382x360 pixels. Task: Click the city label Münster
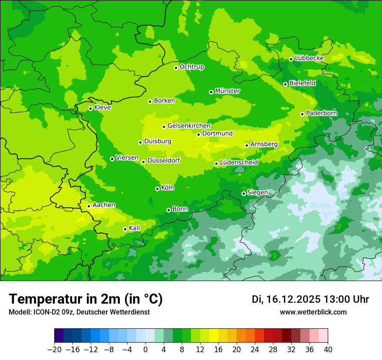(227, 91)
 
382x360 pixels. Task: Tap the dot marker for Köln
(157, 189)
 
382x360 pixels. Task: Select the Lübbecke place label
(309, 58)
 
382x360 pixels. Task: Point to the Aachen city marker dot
(89, 206)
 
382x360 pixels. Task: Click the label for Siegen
(257, 193)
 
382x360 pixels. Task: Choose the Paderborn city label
(322, 113)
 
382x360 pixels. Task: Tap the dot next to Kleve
(90, 108)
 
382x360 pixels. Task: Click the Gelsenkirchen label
(189, 126)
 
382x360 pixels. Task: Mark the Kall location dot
(125, 229)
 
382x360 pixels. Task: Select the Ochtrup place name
(192, 67)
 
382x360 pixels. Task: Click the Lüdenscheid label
(239, 163)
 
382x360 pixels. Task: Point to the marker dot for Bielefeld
(285, 84)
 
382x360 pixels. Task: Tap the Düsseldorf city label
(164, 160)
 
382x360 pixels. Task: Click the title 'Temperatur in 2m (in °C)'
(86, 299)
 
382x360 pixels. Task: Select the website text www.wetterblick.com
(313, 312)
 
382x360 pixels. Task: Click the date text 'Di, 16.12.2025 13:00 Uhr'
(310, 299)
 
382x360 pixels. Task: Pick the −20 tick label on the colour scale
(54, 350)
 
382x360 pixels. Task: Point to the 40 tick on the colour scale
(328, 350)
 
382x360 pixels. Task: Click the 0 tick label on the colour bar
(145, 350)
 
